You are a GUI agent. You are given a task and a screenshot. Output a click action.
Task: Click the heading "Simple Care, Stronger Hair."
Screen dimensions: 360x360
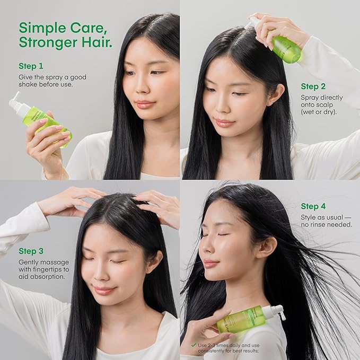65,34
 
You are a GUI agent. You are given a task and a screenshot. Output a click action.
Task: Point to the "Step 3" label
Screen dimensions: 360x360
31,251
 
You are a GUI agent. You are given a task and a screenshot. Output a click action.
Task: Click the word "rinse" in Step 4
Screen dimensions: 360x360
320,224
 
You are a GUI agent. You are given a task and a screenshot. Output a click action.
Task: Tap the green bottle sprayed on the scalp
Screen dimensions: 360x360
286,48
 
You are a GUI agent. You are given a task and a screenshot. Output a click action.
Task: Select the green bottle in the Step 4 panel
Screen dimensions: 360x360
241,320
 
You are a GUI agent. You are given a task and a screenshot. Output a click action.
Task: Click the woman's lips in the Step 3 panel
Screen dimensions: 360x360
104,290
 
